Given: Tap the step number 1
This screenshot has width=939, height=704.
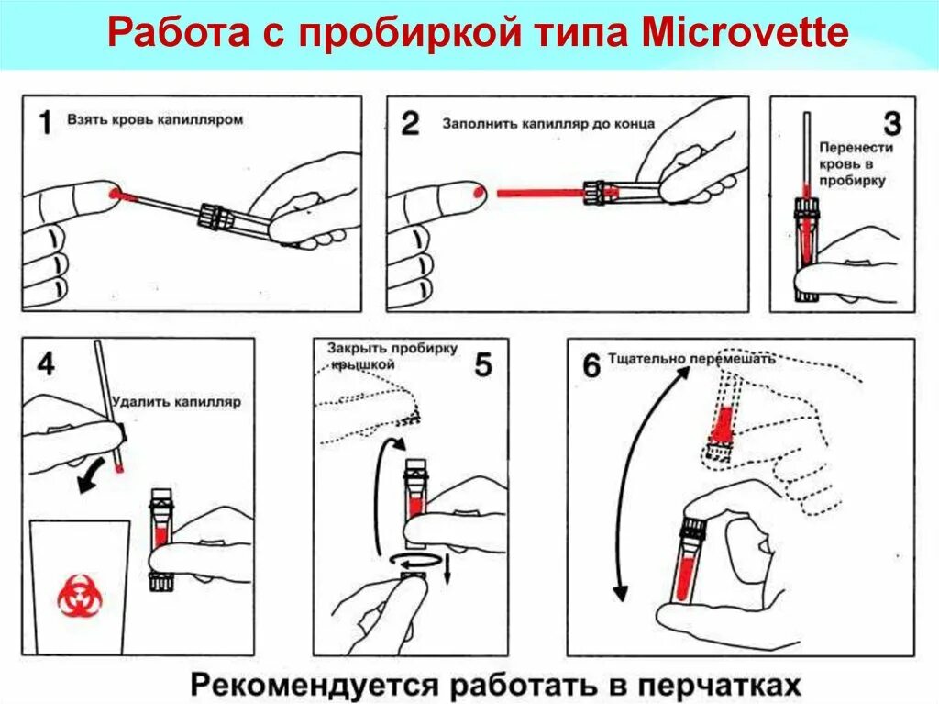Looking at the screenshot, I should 43,122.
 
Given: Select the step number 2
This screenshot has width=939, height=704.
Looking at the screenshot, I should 410,123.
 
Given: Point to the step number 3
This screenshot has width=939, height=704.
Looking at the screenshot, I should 890,123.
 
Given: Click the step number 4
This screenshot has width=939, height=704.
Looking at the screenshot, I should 44,363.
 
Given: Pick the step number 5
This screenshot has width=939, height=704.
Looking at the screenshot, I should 483,364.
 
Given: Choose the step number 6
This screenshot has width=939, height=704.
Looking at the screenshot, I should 591,365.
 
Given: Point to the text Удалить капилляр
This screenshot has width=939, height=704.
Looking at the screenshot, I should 176,402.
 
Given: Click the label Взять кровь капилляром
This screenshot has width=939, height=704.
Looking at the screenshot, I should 155,120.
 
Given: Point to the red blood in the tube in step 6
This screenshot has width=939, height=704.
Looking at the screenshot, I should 683,578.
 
